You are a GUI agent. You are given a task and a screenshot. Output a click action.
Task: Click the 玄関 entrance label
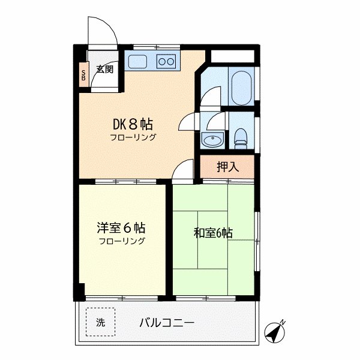(x=104, y=69)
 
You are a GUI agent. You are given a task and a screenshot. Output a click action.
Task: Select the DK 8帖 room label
(x=133, y=125)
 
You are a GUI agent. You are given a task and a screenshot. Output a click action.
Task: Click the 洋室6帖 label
(x=122, y=229)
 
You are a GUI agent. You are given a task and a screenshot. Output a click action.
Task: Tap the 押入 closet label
(x=228, y=167)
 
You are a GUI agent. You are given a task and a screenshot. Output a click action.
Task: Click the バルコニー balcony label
(x=167, y=322)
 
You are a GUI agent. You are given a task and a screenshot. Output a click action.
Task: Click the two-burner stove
(x=166, y=61)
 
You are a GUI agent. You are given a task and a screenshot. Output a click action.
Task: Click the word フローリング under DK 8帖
(x=133, y=137)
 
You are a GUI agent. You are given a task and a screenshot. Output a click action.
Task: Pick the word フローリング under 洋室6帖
(x=122, y=241)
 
